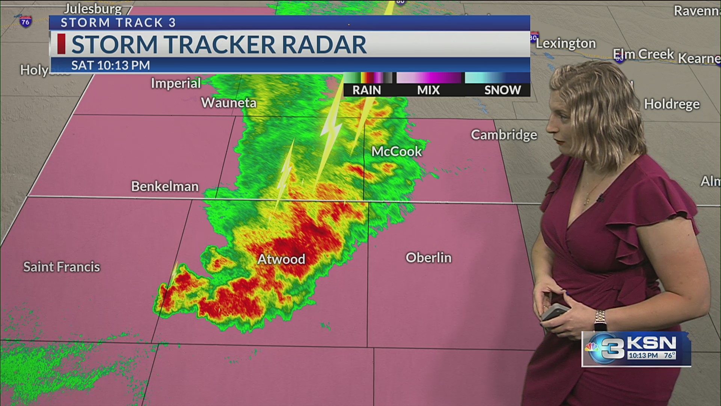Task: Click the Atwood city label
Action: click(x=281, y=259)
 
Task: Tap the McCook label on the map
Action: click(x=397, y=151)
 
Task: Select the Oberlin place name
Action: click(x=428, y=258)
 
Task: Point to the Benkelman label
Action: click(x=164, y=186)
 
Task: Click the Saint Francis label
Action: click(x=62, y=267)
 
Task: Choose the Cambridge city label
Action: click(x=504, y=135)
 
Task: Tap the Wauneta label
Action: click(x=229, y=103)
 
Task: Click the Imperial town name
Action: click(x=176, y=83)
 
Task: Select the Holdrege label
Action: click(x=672, y=104)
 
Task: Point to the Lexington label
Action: click(x=566, y=44)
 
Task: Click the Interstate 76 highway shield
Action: click(x=25, y=21)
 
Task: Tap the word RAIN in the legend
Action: click(x=367, y=90)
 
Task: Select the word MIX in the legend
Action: click(x=428, y=90)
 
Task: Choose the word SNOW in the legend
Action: click(x=502, y=90)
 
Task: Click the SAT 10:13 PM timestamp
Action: click(x=110, y=65)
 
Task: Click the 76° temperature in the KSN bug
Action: click(x=669, y=355)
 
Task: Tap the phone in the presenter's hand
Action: click(x=555, y=312)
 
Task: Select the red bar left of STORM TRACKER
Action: click(x=61, y=44)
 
